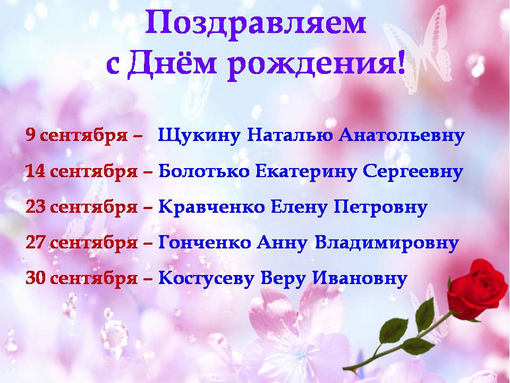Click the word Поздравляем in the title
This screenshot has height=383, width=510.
pos(256,23)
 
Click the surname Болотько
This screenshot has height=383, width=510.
pos(204,171)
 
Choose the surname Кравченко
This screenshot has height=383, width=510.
pos(212,206)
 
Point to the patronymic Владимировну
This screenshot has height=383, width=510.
pos(387,243)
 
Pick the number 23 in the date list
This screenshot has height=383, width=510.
pos(36,206)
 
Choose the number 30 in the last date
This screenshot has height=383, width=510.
pos(36,278)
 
